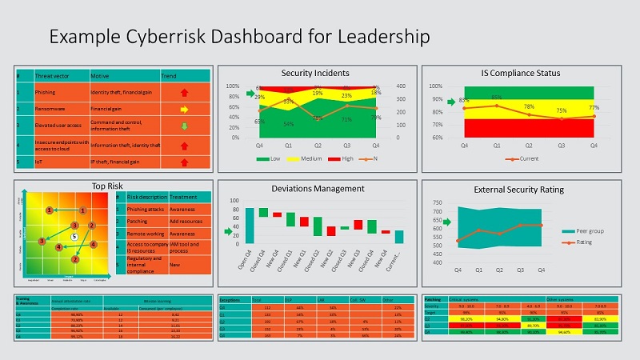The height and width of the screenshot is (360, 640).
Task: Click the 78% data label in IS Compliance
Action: pyautogui.click(x=530, y=107)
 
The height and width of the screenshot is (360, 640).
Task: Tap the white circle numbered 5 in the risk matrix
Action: pyautogui.click(x=74, y=237)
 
